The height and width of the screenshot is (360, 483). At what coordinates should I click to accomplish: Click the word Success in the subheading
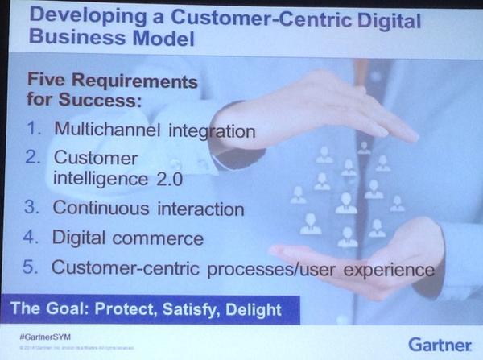pos(97,102)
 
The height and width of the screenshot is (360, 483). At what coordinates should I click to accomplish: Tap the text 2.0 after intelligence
pos(176,177)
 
